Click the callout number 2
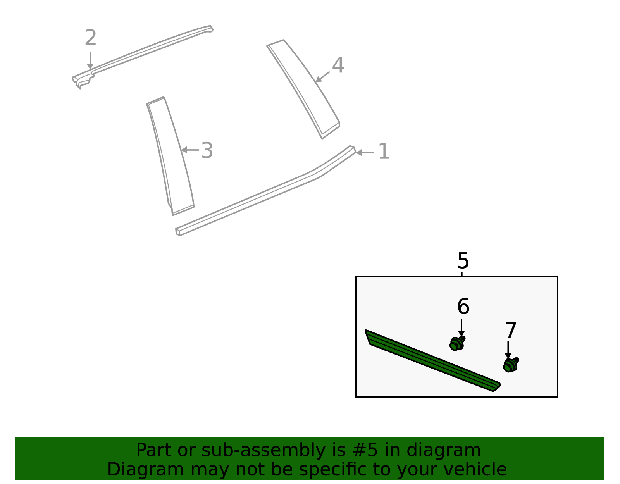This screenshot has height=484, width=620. pos(90,38)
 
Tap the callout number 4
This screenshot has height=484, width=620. pos(338,65)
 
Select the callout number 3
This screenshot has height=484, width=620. pos(207,150)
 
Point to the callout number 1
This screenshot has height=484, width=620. pos(383,152)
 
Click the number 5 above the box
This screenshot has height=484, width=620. pos(463,261)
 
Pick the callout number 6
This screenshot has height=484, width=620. pos(463,307)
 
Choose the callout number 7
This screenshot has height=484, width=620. pos(511,331)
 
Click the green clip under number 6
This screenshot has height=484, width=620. pos(457,343)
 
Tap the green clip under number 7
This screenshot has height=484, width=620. pos(510,365)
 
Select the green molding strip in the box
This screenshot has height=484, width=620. pos(430,360)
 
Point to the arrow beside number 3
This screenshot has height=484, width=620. pos(190,150)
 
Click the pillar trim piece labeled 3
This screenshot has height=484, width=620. pos(170,155)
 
